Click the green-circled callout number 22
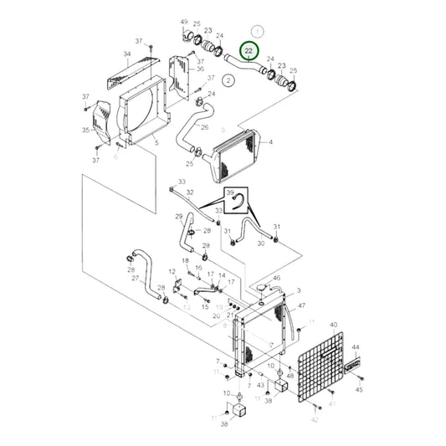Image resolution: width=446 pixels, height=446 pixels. [x=249, y=52]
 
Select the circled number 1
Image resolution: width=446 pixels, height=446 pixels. [x=258, y=31]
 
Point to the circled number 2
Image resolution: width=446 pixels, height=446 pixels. [x=228, y=80]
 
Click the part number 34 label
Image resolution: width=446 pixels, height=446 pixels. [x=127, y=55]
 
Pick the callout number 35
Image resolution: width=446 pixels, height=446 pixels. [x=85, y=131]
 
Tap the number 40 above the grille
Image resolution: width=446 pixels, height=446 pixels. [x=334, y=324]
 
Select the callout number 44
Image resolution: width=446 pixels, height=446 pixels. [x=355, y=347]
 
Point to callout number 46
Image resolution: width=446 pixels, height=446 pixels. [x=276, y=278]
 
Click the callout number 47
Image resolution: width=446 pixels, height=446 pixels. [x=302, y=306]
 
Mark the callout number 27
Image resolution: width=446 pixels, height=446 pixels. [x=135, y=279]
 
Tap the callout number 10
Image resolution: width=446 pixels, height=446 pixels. [x=226, y=392]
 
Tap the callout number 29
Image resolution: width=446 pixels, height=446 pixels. [x=178, y=217]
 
